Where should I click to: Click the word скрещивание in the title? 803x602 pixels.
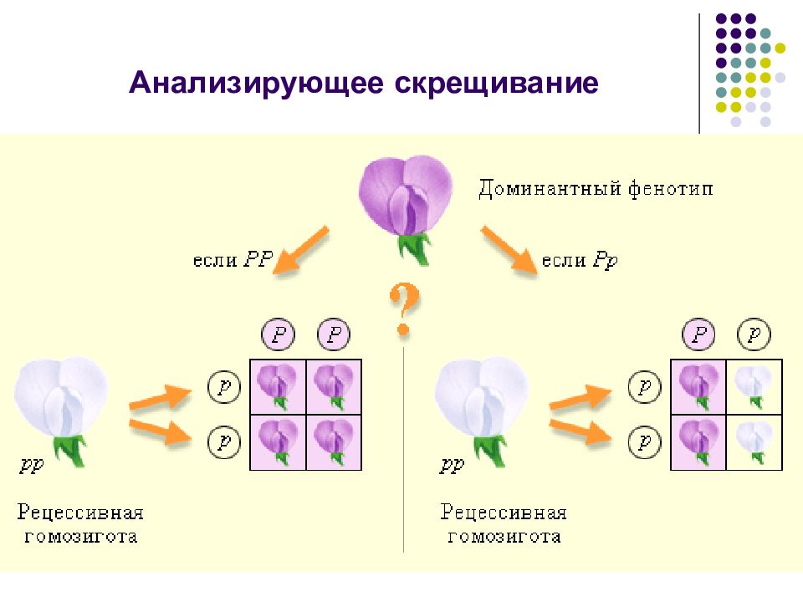496,84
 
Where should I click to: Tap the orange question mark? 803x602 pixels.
405,309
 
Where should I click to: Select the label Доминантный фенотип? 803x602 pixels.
596,189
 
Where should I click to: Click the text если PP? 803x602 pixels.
233,259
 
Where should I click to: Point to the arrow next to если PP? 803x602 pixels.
301,249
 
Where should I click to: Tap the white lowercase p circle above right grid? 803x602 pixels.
754,334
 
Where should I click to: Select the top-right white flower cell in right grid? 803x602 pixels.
754,387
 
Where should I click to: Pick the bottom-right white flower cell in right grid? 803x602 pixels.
754,442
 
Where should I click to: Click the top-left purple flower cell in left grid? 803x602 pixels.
278,387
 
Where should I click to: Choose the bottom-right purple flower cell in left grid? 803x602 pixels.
334,442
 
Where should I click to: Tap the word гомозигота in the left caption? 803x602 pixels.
81,536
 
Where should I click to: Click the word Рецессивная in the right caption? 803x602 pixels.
504,512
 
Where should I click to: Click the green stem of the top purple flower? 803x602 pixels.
415,248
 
